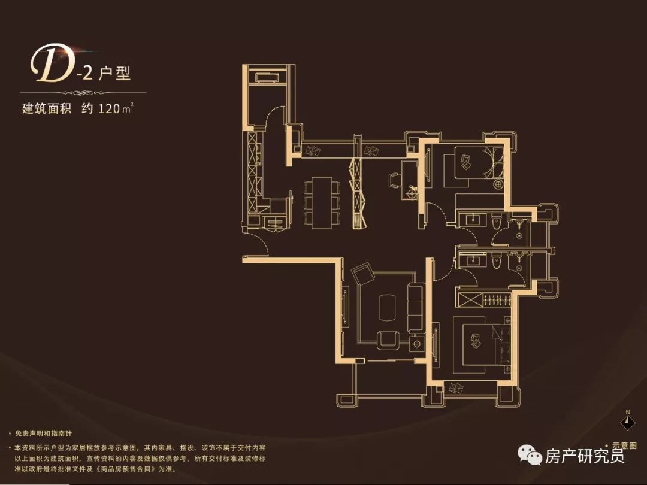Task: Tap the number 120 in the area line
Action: [x=109, y=108]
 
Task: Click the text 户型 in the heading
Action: [x=115, y=74]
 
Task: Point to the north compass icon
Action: [x=628, y=421]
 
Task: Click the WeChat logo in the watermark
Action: [x=530, y=454]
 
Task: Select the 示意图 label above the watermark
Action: [x=624, y=446]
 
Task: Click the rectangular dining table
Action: [x=322, y=202]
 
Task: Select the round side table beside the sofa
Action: [x=417, y=343]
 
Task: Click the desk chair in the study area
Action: [x=394, y=180]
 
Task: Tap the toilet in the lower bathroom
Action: [x=497, y=260]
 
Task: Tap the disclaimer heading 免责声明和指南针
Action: [x=43, y=434]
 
